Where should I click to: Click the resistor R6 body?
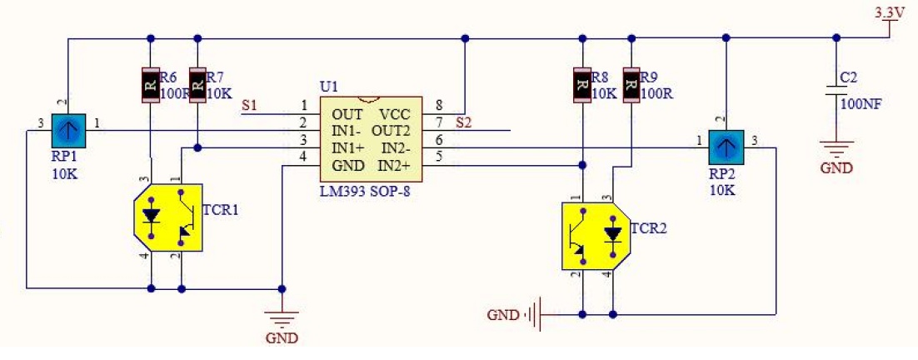pos(151,86)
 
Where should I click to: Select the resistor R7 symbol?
pos(198,86)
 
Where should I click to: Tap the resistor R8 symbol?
pos(581,86)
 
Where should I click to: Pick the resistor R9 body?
pos(631,86)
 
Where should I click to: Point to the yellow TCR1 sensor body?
pos(168,217)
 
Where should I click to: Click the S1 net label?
pos(251,106)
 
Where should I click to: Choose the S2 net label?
pos(463,123)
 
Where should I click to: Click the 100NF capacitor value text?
pos(861,104)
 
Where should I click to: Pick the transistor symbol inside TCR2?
pos(580,236)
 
